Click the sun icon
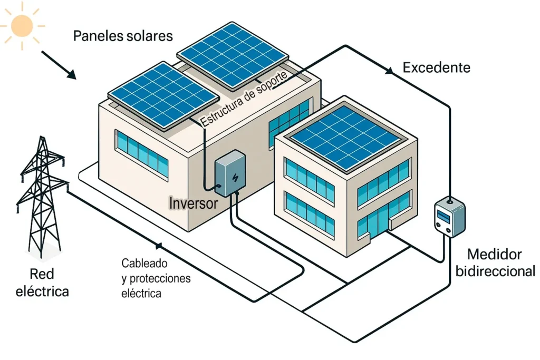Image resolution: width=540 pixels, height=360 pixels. (23, 25)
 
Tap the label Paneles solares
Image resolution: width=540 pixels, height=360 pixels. (123, 36)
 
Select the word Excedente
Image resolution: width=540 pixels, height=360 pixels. (436, 67)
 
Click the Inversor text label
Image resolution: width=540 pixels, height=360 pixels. (193, 203)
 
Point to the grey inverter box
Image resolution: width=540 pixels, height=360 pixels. (229, 174)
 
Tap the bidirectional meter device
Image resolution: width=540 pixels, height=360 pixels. (449, 217)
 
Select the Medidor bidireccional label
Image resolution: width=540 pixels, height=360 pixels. (495, 262)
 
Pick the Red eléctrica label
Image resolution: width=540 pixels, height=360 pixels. (43, 283)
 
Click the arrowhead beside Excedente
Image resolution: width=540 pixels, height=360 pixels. (389, 70)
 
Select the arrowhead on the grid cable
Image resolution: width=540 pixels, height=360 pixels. (157, 245)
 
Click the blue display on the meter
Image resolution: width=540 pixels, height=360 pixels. (443, 215)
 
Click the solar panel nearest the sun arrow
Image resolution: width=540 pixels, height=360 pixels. (162, 94)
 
